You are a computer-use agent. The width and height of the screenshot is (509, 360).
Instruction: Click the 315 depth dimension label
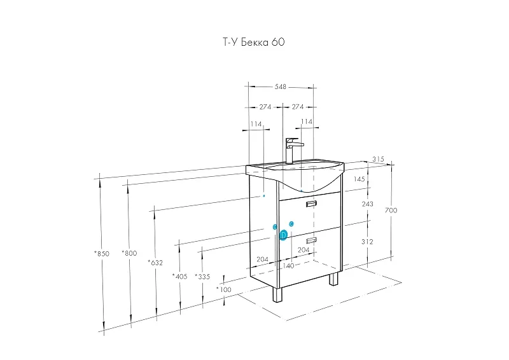click(379, 159)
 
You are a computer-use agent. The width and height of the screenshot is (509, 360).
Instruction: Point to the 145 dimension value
click(359, 180)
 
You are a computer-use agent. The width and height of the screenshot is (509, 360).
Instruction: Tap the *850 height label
click(102, 254)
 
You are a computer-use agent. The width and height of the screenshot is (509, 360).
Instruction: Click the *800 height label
click(129, 254)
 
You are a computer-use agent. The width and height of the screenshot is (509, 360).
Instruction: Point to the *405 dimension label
click(180, 276)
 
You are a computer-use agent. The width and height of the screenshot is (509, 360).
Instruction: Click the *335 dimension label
click(202, 276)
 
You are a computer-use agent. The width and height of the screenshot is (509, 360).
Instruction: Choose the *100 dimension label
click(223, 290)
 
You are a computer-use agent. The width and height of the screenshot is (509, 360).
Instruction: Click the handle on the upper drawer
click(311, 204)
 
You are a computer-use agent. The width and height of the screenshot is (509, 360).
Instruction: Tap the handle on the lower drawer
click(311, 240)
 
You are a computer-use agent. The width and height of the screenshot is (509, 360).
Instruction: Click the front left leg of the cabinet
click(277, 294)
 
